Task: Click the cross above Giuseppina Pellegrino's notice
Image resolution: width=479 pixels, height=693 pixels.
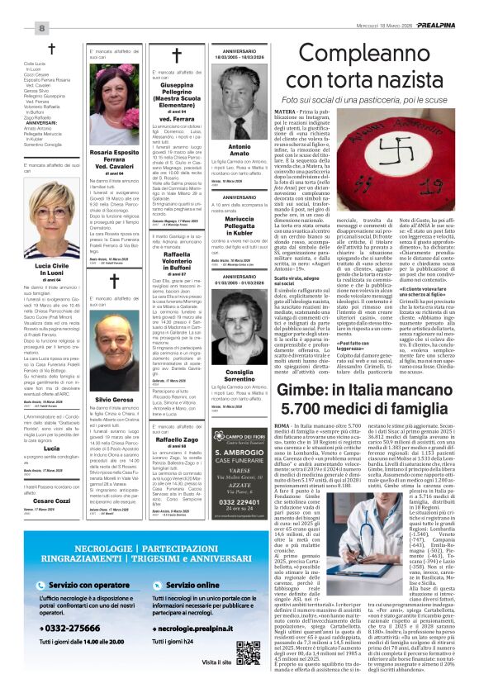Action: pyautogui.click(x=175, y=56)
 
